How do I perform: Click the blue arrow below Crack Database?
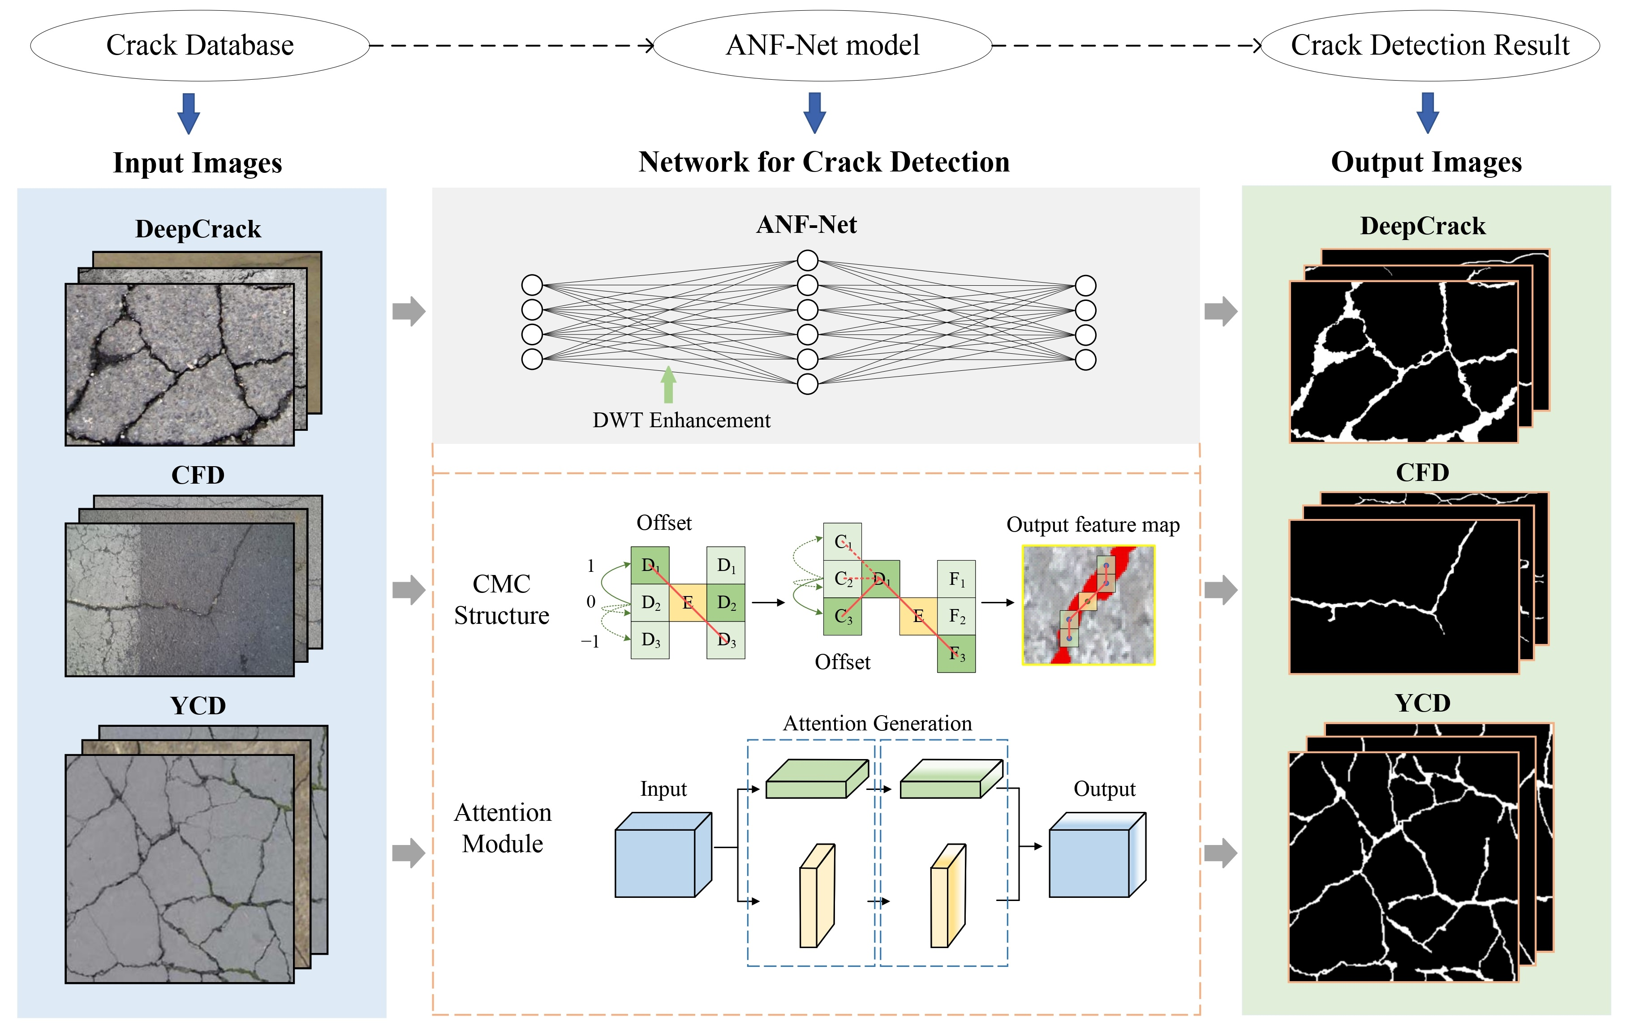tap(188, 114)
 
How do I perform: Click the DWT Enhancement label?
tap(681, 420)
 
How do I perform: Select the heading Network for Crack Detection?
tap(824, 162)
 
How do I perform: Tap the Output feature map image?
tap(1089, 605)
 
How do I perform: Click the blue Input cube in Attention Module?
tap(663, 854)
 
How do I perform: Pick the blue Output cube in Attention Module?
tap(1097, 854)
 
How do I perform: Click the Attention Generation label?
tap(877, 723)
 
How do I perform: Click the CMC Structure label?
tap(501, 599)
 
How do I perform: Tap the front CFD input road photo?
tap(180, 599)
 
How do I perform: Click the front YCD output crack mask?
tap(1403, 867)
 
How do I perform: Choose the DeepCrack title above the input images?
tap(198, 229)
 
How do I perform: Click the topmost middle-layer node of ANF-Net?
tap(807, 260)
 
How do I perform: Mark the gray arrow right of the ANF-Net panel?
tap(1221, 312)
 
